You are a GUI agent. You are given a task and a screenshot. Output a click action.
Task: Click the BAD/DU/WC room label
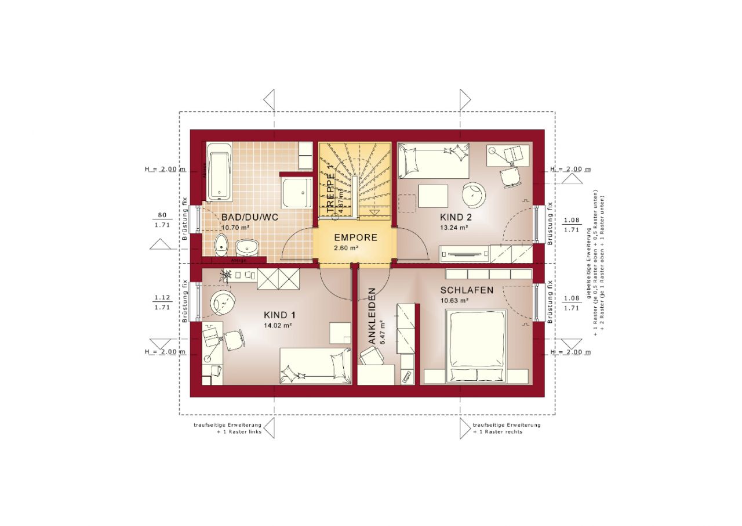click(x=250, y=217)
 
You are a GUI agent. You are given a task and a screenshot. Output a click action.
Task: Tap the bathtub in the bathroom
click(x=219, y=174)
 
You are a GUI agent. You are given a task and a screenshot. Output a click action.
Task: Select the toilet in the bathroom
click(x=221, y=246)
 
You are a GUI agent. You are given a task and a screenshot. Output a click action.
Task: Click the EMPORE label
click(x=355, y=237)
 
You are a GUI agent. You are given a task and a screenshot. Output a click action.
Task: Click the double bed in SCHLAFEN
click(x=475, y=347)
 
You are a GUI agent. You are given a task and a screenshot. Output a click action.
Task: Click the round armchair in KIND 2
click(x=474, y=194)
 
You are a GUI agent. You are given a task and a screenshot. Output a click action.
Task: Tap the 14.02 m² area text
click(x=276, y=326)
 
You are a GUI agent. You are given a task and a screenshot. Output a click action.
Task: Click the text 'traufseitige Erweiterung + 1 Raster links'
click(x=227, y=428)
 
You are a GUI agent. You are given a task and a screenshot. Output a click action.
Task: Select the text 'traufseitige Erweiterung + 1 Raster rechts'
click(x=506, y=428)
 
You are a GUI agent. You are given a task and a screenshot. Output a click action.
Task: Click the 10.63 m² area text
click(x=454, y=301)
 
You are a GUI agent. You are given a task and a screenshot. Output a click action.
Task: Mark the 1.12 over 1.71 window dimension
click(x=162, y=302)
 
